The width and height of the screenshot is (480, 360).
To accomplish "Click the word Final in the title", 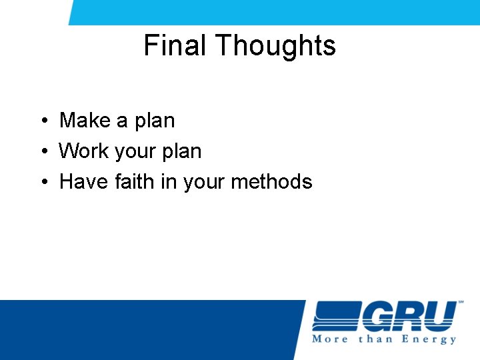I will coord(175,46).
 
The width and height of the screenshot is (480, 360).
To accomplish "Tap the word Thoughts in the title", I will coord(275,46).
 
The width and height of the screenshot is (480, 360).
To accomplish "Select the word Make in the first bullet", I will coord(85,121).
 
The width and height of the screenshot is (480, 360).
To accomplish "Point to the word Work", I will coord(83,151).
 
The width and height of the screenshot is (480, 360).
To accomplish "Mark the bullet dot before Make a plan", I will coord(42,121).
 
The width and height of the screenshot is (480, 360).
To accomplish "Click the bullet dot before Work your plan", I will coord(42,152).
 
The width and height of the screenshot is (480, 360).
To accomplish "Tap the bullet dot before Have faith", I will coord(42,182).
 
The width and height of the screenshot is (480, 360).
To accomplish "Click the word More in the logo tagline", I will coord(330,339).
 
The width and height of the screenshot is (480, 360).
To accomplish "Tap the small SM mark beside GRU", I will coord(461,303).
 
